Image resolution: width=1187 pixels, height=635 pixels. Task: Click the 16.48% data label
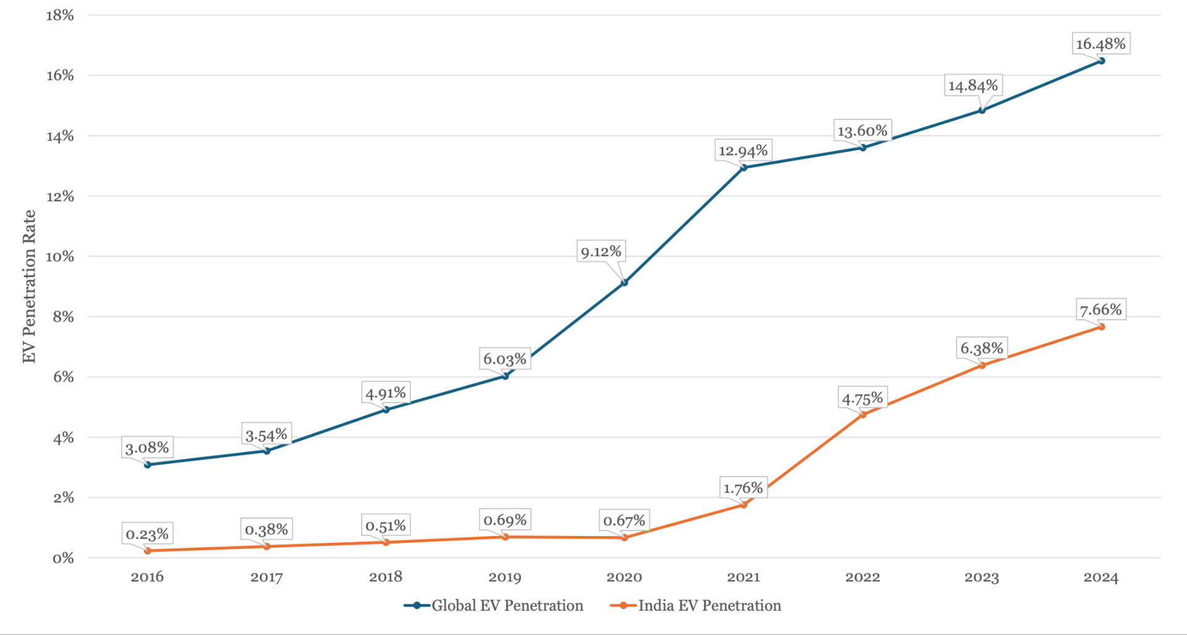(x=1100, y=44)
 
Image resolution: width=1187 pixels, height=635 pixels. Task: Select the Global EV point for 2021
(x=744, y=168)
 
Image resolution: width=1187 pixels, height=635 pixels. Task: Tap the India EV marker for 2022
(x=863, y=414)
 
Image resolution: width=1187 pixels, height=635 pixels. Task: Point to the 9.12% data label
(x=601, y=252)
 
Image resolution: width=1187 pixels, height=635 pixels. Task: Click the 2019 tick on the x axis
(x=504, y=577)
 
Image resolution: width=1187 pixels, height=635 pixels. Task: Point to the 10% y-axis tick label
(x=59, y=257)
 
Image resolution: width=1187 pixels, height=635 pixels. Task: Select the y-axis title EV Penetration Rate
(x=29, y=286)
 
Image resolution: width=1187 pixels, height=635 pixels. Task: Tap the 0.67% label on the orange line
(x=624, y=521)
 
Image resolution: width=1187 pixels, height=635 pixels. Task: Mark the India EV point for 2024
(x=1101, y=326)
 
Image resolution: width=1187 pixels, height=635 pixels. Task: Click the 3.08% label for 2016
(x=147, y=448)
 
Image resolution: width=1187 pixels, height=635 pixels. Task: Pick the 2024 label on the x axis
(x=1100, y=577)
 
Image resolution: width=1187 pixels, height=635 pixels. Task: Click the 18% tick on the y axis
(x=59, y=15)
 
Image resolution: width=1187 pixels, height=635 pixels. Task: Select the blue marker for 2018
(x=386, y=409)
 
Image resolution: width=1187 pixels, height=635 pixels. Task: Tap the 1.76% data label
(x=743, y=488)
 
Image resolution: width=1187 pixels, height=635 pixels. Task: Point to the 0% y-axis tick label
(x=62, y=558)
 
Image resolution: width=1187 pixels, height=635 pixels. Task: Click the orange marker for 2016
(x=148, y=550)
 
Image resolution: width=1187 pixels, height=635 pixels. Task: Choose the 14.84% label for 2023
(x=973, y=85)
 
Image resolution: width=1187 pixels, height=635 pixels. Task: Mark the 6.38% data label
(x=982, y=348)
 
